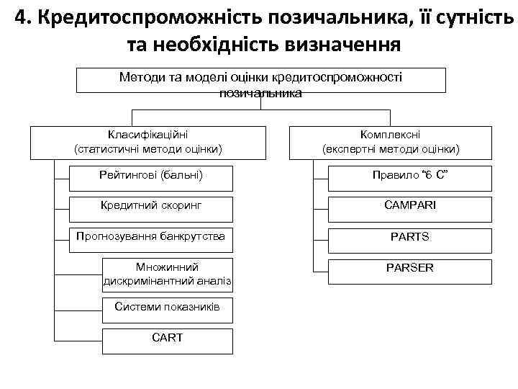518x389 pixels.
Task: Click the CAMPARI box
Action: tap(410, 206)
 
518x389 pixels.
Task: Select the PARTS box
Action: tap(410, 237)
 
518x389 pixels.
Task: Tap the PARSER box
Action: tap(410, 269)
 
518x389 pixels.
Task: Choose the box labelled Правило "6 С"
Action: tap(410, 175)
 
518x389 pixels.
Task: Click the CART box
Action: tap(168, 339)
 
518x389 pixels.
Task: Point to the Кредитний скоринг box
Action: tap(151, 206)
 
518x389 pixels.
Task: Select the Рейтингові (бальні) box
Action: tap(151, 175)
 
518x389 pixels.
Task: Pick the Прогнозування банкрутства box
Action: tap(151, 237)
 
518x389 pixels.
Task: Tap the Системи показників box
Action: tap(168, 308)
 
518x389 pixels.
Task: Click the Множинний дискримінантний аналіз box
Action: tap(168, 273)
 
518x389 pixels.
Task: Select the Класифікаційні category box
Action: tap(148, 142)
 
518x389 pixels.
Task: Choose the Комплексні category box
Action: tap(391, 142)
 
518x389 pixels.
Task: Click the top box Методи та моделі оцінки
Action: tap(260, 81)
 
